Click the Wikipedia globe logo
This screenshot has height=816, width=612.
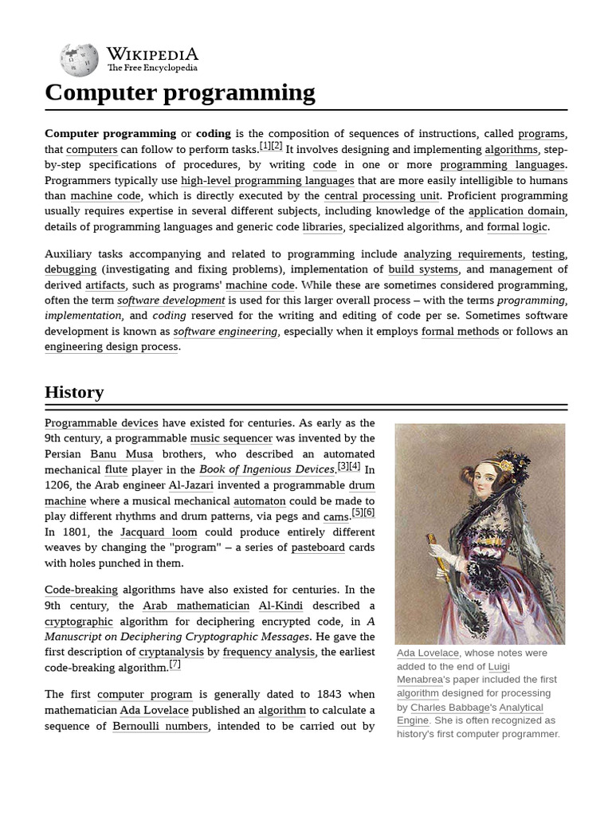point(79,61)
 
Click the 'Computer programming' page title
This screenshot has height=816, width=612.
point(180,93)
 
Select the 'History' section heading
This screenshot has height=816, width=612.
point(74,392)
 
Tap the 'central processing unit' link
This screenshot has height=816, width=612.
point(381,196)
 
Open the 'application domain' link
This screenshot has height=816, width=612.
point(516,211)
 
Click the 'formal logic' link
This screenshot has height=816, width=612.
point(517,227)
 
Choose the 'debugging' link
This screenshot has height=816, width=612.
point(70,270)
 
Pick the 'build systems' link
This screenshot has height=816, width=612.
point(423,270)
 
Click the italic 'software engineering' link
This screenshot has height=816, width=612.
point(225,331)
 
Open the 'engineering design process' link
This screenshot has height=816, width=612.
point(112,347)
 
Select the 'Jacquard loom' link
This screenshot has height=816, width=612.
point(159,532)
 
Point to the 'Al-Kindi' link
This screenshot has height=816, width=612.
point(281,606)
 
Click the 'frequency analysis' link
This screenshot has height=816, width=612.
point(269,653)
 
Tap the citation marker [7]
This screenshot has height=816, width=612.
point(175,665)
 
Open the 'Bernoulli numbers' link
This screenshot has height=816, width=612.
point(160,727)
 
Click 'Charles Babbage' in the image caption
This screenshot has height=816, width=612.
point(449,708)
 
